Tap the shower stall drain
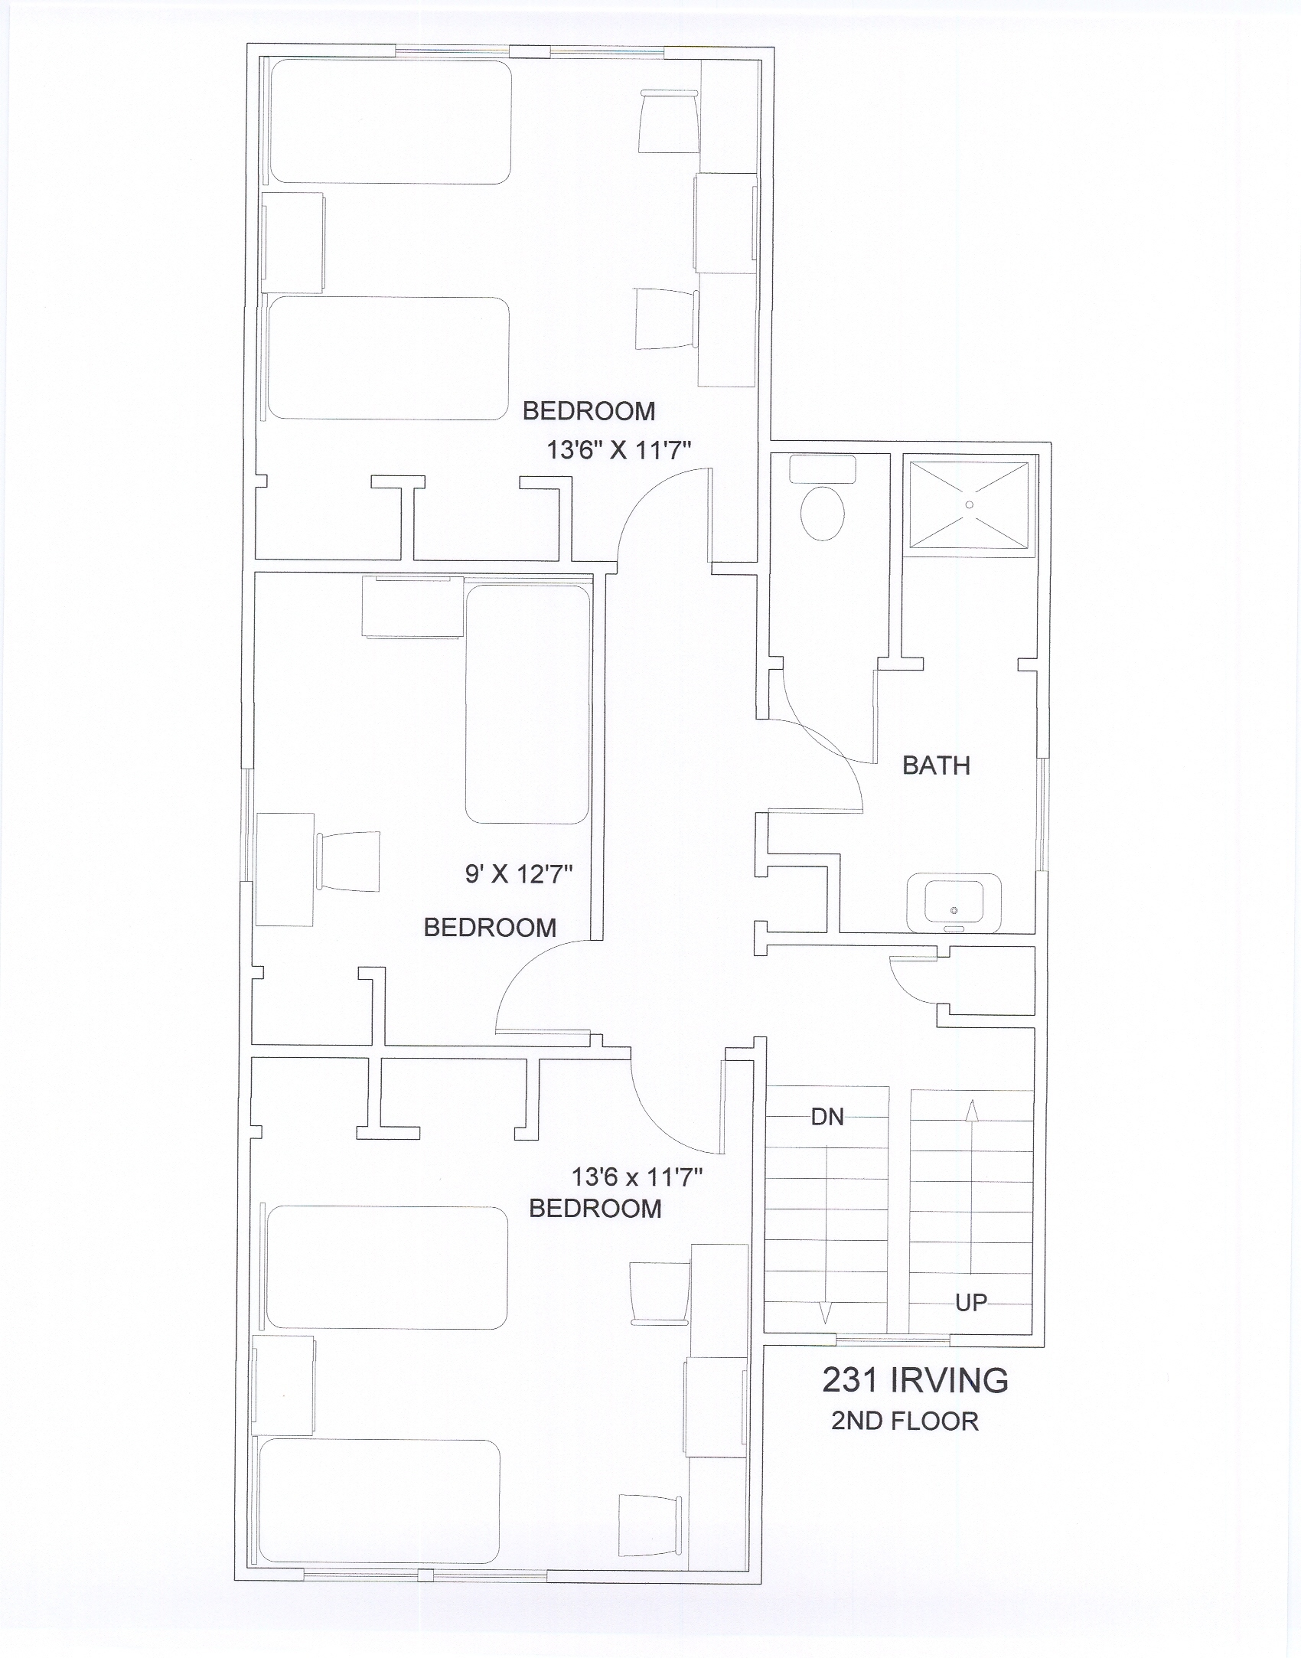[970, 504]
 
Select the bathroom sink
[954, 903]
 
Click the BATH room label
[936, 765]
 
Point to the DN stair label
[827, 1117]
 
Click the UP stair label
[970, 1302]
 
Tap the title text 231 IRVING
[915, 1380]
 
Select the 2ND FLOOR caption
[905, 1421]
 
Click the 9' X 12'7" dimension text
[520, 873]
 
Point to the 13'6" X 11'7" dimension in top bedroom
[619, 449]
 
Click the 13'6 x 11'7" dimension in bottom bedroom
[637, 1177]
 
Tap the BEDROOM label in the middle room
[490, 928]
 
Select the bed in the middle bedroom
[528, 704]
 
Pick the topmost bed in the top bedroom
[390, 122]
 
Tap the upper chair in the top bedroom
[668, 122]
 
